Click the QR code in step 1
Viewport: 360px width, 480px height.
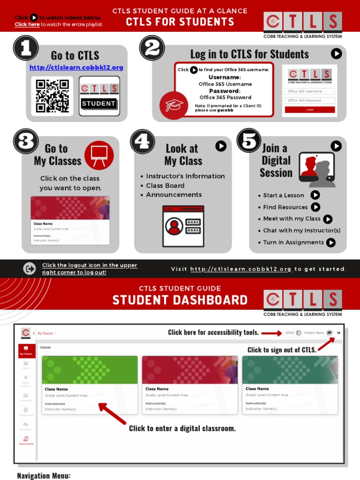pyautogui.click(x=52, y=96)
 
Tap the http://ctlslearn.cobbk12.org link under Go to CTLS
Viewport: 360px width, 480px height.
pyautogui.click(x=76, y=67)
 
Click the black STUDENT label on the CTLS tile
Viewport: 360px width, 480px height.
pyautogui.click(x=99, y=104)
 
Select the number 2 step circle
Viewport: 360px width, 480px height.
pyautogui.click(x=152, y=48)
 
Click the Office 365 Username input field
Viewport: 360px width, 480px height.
pyautogui.click(x=310, y=91)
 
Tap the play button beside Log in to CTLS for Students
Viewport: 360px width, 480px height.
pyautogui.click(x=336, y=54)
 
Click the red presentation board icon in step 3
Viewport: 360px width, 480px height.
pyautogui.click(x=99, y=155)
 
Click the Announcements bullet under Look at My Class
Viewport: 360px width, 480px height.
pyautogui.click(x=173, y=195)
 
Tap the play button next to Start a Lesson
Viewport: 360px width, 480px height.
pyautogui.click(x=315, y=195)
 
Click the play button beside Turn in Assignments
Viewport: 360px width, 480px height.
pyautogui.click(x=331, y=242)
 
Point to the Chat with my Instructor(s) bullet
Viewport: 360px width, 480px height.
pyautogui.click(x=301, y=230)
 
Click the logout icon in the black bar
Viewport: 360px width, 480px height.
pyautogui.click(x=30, y=269)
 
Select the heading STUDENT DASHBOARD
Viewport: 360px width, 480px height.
pyautogui.click(x=180, y=300)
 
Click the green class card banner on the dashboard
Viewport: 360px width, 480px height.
pyautogui.click(x=90, y=370)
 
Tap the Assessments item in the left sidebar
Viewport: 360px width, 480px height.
pyautogui.click(x=26, y=441)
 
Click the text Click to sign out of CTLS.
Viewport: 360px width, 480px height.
pyautogui.click(x=282, y=350)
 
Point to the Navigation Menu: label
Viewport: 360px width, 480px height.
pyautogui.click(x=44, y=475)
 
